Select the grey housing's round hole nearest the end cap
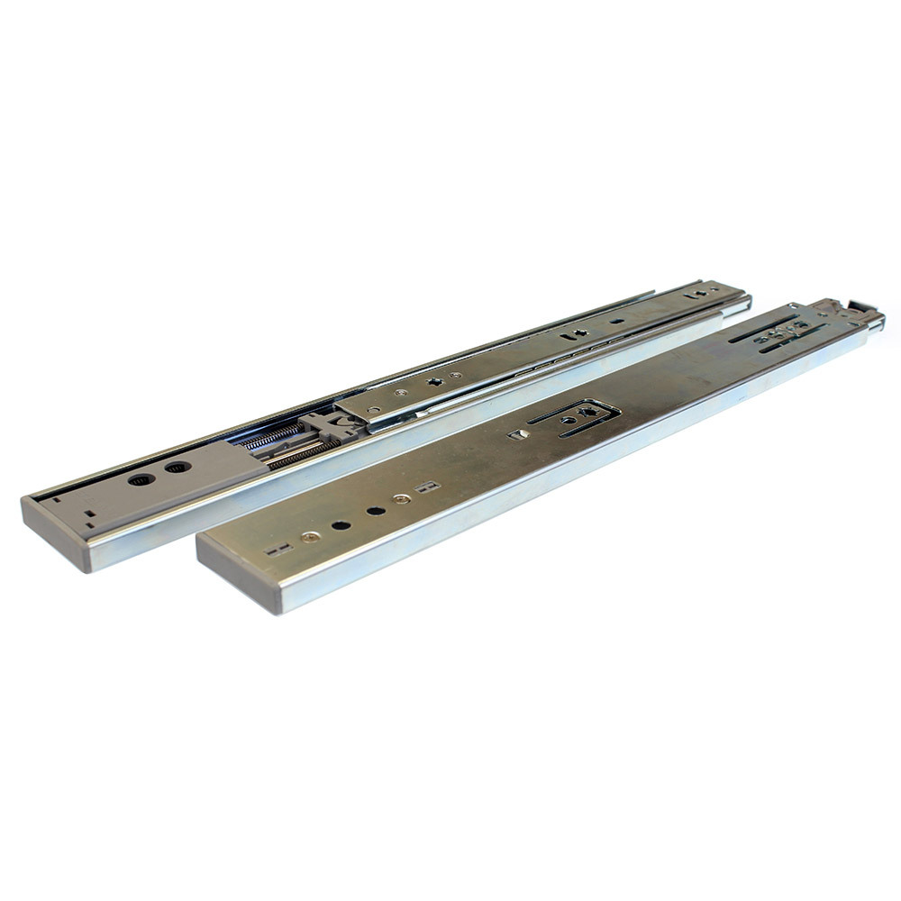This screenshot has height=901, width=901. click(x=141, y=479)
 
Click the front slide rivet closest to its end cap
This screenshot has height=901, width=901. click(x=311, y=537)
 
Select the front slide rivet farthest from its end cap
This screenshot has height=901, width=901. click(x=402, y=498)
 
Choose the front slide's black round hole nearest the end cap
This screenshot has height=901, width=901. click(x=341, y=524)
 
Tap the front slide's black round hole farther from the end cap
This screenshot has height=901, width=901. click(x=375, y=510)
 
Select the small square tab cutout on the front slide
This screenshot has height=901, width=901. click(x=517, y=435)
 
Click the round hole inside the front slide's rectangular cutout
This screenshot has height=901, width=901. click(x=569, y=420)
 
